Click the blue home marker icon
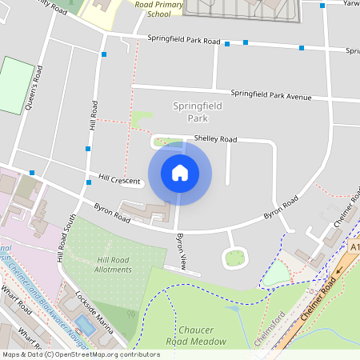click(x=180, y=173)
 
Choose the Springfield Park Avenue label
click(x=270, y=95)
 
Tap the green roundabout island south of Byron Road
click(x=234, y=258)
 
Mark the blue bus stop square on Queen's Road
click(x=31, y=173)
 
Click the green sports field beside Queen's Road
click(x=12, y=85)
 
